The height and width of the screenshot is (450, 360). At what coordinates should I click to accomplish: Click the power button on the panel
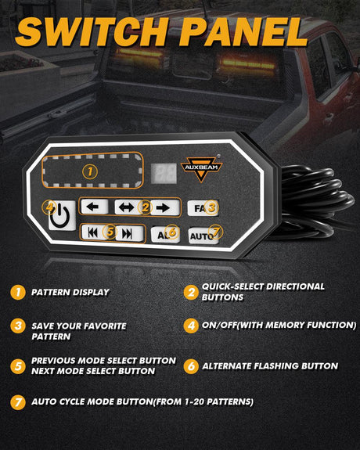[x=62, y=215]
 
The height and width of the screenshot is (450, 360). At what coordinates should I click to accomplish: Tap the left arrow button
[x=95, y=207]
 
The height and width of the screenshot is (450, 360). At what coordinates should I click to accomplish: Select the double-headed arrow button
[x=128, y=207]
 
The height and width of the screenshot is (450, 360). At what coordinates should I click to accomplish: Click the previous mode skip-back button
[x=94, y=232]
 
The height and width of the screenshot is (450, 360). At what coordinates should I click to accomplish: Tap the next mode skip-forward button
[x=129, y=234]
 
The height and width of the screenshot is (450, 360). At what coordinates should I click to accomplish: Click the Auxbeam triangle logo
[x=201, y=168]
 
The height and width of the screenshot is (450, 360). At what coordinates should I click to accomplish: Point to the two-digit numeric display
[x=164, y=173]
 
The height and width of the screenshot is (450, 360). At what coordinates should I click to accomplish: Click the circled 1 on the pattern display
[x=90, y=172]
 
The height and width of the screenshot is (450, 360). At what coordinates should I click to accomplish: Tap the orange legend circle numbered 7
[x=18, y=402]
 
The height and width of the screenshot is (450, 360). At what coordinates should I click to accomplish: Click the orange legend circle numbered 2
[x=191, y=292]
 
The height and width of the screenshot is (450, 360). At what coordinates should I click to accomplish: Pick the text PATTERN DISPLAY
[x=70, y=292]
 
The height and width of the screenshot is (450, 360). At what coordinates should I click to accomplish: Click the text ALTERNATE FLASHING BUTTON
[x=270, y=366]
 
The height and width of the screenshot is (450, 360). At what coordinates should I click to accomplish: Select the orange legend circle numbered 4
[x=191, y=326]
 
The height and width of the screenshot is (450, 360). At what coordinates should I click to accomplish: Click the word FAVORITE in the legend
[x=103, y=326]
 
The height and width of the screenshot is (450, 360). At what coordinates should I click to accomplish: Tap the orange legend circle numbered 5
[x=18, y=366]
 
